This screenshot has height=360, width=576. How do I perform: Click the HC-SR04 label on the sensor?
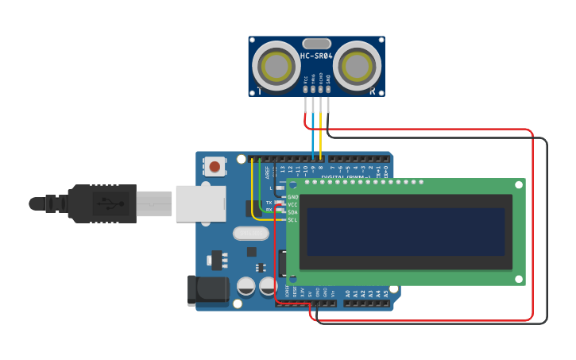pyautogui.click(x=316, y=56)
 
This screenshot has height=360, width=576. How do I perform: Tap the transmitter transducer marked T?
pyautogui.click(x=276, y=64)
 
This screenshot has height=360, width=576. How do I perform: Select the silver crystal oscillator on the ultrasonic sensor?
pyautogui.click(x=316, y=43)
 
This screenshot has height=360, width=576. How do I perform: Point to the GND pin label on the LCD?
pyautogui.click(x=292, y=197)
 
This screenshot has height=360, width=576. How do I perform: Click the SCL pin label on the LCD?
pyautogui.click(x=292, y=219)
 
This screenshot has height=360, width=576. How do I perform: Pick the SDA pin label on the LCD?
pyautogui.click(x=292, y=212)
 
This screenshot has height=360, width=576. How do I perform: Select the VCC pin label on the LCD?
pyautogui.click(x=292, y=204)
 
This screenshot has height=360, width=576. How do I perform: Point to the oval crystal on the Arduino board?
pyautogui.click(x=251, y=233)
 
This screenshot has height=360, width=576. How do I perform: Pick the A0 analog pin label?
pyautogui.click(x=347, y=293)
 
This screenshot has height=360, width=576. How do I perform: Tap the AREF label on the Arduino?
pyautogui.click(x=267, y=170)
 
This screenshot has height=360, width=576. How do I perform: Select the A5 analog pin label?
pyautogui.click(x=386, y=293)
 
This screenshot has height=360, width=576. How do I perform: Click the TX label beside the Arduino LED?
pyautogui.click(x=269, y=203)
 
